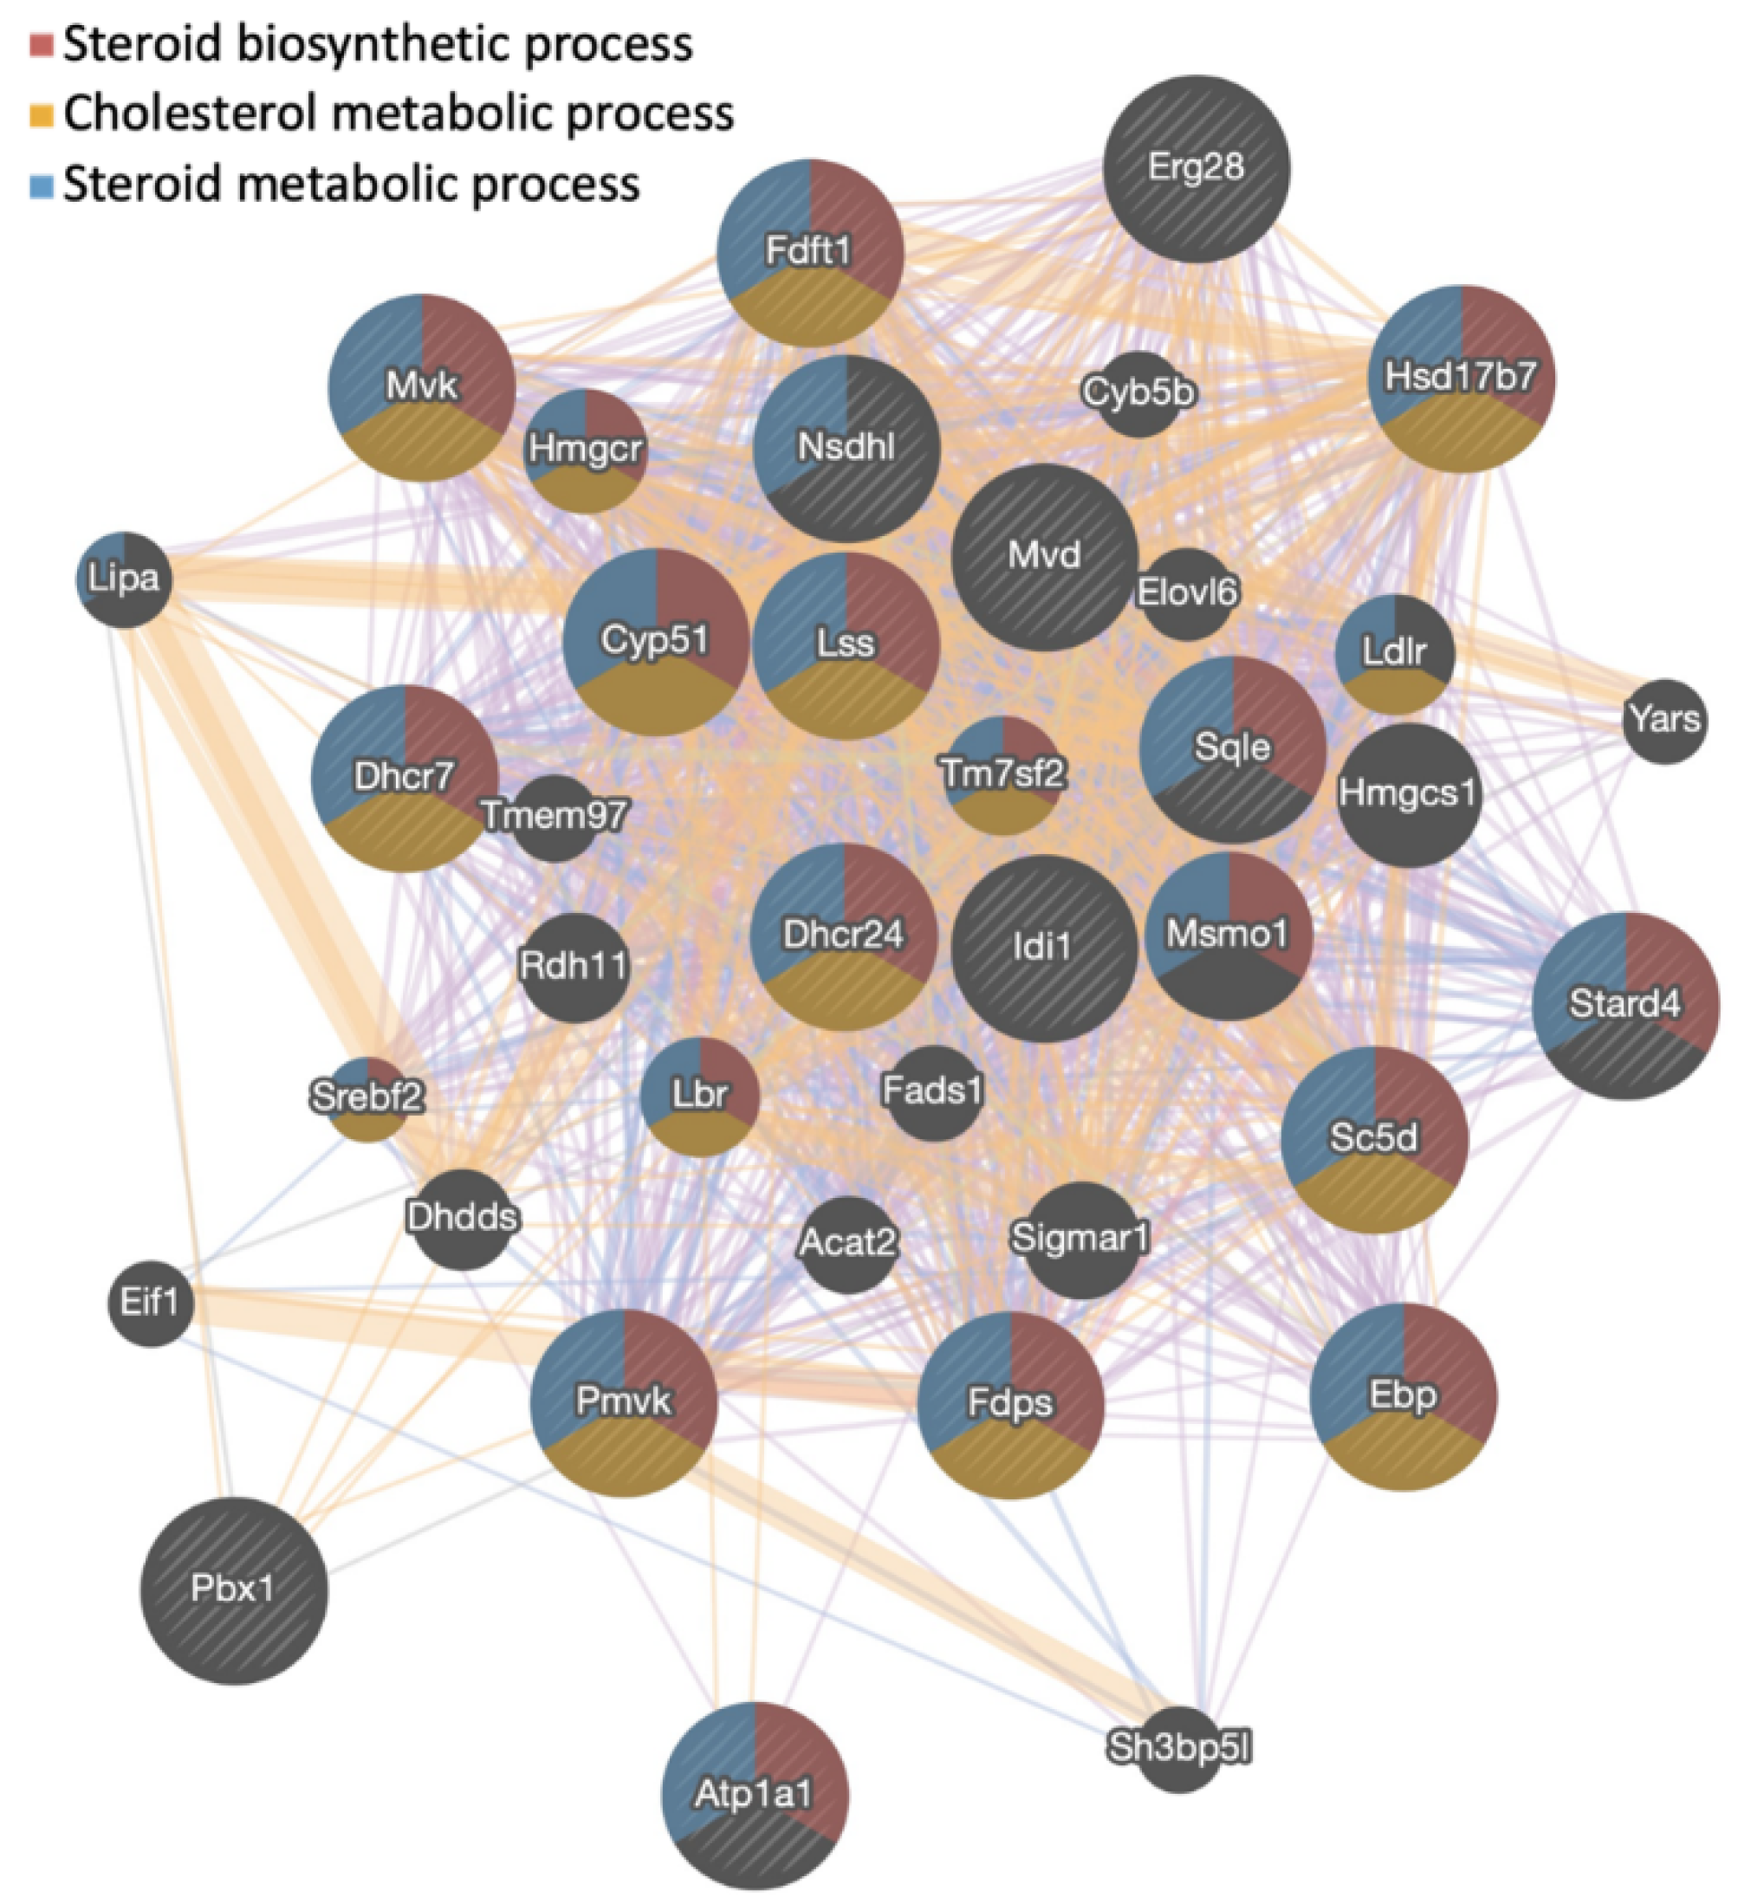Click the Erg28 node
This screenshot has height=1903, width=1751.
pyautogui.click(x=1196, y=169)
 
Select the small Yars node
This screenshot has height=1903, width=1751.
pyautogui.click(x=1664, y=721)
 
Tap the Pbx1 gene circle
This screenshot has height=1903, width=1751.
pyautogui.click(x=233, y=1589)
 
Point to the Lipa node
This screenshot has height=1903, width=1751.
pyautogui.click(x=123, y=579)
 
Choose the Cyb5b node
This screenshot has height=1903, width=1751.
pyautogui.click(x=1138, y=392)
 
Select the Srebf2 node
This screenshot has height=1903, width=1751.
pyautogui.click(x=366, y=1097)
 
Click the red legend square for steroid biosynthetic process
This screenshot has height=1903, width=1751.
pyautogui.click(x=41, y=44)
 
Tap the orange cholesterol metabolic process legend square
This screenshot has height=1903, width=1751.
pyautogui.click(x=41, y=114)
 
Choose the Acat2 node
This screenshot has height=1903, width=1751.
pyautogui.click(x=848, y=1243)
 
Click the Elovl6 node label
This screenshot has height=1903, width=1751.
pyautogui.click(x=1186, y=593)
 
